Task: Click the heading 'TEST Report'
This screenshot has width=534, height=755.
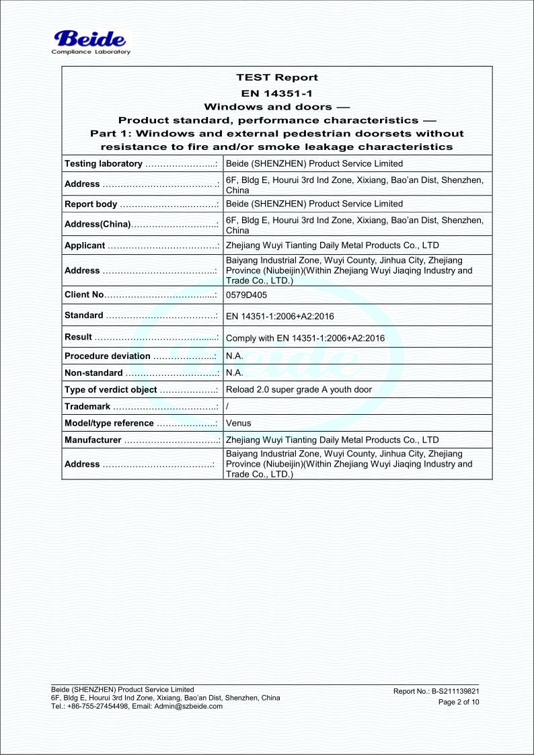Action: click(x=277, y=77)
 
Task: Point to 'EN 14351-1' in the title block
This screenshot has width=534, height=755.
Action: click(x=277, y=93)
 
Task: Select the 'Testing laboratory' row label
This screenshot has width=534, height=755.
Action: click(x=103, y=163)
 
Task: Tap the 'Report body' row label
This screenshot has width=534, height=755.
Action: click(x=91, y=204)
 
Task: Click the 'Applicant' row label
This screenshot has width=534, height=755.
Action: click(x=85, y=245)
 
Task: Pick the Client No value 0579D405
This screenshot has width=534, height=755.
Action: click(x=241, y=294)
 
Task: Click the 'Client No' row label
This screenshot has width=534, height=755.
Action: click(x=84, y=294)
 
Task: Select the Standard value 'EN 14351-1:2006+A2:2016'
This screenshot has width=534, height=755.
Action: click(x=280, y=316)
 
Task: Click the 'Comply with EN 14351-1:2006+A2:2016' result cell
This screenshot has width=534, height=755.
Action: click(x=305, y=338)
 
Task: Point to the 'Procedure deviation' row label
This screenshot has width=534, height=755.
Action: click(x=108, y=356)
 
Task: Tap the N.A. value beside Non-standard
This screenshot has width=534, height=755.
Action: click(x=234, y=372)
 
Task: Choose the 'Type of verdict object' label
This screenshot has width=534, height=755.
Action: click(x=111, y=389)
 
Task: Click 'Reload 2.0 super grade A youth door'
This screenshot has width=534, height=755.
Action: click(x=299, y=389)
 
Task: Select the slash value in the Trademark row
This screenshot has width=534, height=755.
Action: click(x=227, y=406)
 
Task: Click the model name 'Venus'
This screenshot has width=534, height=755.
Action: click(x=239, y=423)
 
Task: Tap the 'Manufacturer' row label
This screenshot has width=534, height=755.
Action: click(x=93, y=440)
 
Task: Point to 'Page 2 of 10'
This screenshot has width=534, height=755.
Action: click(x=459, y=703)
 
